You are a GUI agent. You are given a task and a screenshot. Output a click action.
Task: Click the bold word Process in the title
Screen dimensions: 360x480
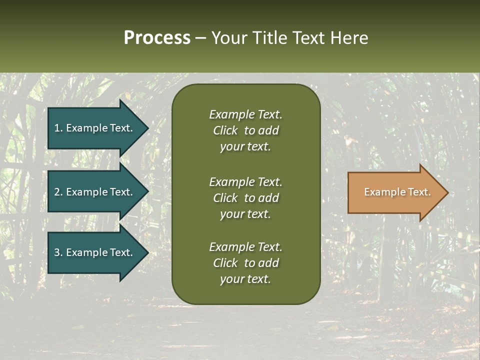[x=157, y=38]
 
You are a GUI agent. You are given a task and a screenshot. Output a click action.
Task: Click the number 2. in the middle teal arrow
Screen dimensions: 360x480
[x=58, y=192]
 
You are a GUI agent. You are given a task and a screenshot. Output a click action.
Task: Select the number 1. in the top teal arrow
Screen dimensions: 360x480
[x=58, y=128]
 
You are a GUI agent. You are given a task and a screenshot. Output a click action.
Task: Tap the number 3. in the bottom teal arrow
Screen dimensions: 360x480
[x=58, y=252]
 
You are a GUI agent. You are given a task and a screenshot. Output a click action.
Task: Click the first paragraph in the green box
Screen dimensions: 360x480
[x=245, y=130]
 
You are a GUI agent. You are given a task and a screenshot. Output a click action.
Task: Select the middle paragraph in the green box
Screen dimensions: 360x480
[x=245, y=198]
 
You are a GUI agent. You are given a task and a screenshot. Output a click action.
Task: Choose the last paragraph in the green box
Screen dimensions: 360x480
[x=245, y=263]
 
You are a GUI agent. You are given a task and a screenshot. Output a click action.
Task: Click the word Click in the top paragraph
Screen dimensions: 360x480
[x=225, y=130]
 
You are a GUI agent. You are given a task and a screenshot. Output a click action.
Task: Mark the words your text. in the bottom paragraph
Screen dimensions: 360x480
[x=245, y=279]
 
